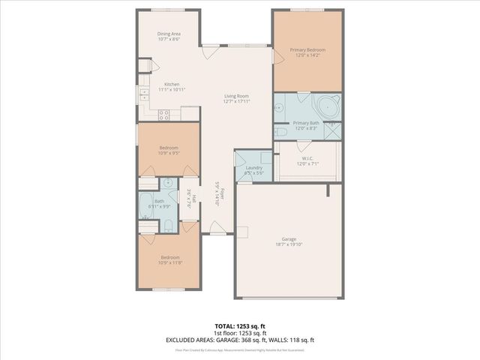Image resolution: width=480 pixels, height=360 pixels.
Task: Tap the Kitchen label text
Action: [x=172, y=84]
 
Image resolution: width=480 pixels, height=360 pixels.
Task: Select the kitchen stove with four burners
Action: [x=164, y=114]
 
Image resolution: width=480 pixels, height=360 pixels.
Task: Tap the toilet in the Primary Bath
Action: [x=281, y=132]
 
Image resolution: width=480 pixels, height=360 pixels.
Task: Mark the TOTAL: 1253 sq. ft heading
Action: [x=239, y=327]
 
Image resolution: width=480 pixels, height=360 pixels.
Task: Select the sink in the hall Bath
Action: [x=168, y=182]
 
